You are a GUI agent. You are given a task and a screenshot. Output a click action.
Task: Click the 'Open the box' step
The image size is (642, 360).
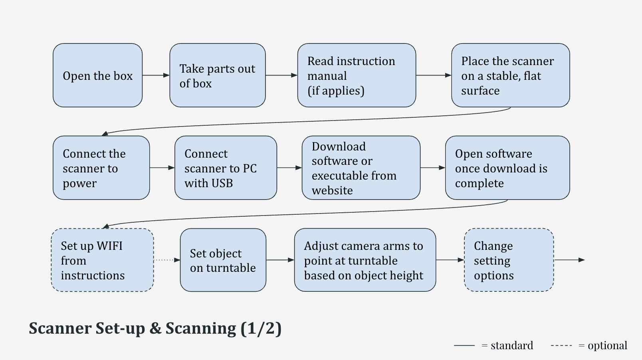(97, 75)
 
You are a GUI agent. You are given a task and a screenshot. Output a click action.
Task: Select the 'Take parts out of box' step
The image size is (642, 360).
(217, 75)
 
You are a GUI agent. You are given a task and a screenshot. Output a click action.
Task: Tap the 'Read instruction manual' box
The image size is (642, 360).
(356, 75)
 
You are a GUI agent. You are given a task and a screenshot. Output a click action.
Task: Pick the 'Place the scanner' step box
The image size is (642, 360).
(510, 75)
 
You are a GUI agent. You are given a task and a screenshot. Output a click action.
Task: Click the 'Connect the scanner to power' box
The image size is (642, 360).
(101, 168)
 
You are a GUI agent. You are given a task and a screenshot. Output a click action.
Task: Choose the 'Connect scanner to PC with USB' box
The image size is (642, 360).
(226, 168)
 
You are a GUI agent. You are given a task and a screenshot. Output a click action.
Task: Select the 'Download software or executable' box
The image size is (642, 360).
(361, 168)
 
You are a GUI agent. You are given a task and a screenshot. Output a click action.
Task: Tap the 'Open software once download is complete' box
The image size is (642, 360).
(507, 168)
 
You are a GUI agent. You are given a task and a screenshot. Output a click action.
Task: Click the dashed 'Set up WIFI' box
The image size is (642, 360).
(102, 260)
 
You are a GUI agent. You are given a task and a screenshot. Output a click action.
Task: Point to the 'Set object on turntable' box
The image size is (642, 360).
(223, 260)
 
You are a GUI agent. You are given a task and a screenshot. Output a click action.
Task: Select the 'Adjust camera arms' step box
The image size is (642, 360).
(365, 260)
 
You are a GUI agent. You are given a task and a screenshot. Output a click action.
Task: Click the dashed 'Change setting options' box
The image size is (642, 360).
(509, 260)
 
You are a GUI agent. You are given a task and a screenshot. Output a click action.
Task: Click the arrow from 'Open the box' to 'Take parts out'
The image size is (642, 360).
(156, 75)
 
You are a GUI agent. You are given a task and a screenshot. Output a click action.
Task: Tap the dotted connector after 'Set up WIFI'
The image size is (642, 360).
(166, 260)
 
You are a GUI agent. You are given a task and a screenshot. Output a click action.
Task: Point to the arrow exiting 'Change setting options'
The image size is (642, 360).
(569, 260)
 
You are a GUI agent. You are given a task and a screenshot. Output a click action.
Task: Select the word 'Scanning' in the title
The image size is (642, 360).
(201, 328)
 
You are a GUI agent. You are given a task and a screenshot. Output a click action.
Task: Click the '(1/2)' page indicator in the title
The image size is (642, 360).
(261, 328)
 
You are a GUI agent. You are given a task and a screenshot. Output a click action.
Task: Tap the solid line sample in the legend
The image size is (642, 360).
(464, 345)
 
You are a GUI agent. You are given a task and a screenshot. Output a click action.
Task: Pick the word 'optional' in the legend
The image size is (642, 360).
(607, 345)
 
